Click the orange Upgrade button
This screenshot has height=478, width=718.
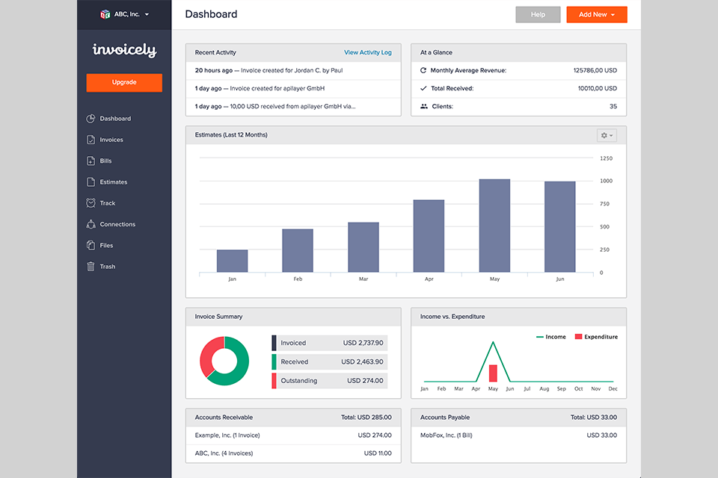click(124, 82)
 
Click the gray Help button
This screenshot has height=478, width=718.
click(538, 14)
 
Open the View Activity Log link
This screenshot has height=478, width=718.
click(367, 52)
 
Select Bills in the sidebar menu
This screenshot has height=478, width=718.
click(105, 161)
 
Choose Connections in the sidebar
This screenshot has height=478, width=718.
click(117, 224)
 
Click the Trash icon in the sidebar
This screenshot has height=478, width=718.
click(90, 267)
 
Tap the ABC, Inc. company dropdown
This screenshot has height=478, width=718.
click(124, 14)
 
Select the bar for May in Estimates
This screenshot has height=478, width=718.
click(494, 226)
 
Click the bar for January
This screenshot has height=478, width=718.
click(232, 261)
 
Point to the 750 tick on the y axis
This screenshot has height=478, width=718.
click(606, 204)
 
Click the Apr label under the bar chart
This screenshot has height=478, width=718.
click(429, 279)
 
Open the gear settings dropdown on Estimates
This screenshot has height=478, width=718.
click(607, 135)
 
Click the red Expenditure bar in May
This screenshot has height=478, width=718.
click(493, 373)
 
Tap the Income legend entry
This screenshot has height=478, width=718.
click(551, 337)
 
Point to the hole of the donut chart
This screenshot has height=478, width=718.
click(224, 361)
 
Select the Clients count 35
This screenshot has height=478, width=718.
click(613, 107)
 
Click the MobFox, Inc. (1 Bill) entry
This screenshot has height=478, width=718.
click(447, 435)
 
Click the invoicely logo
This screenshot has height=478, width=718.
click(124, 50)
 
